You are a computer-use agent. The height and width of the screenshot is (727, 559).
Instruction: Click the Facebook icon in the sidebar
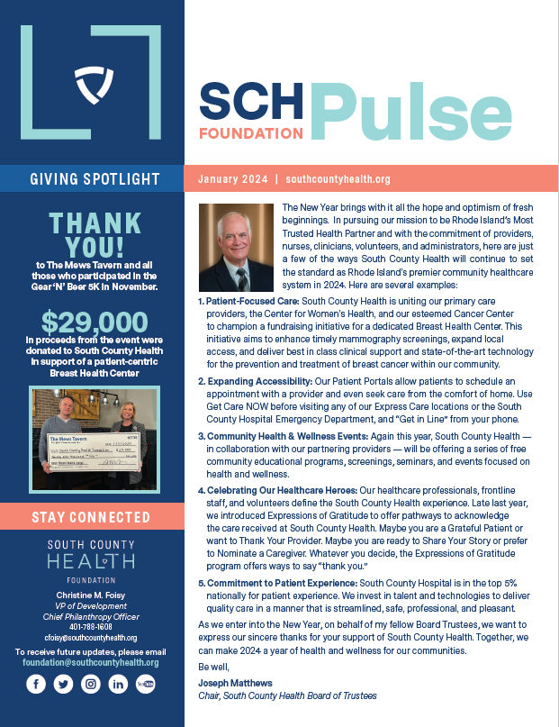click(x=36, y=685)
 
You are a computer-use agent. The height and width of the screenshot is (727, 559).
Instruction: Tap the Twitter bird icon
click(x=63, y=685)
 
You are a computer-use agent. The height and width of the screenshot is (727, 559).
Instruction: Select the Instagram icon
click(x=90, y=685)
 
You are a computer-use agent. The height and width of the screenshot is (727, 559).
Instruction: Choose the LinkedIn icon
click(x=117, y=685)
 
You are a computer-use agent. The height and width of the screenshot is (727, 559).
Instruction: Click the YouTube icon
click(x=144, y=685)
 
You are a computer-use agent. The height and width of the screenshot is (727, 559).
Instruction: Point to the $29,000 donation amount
click(x=94, y=323)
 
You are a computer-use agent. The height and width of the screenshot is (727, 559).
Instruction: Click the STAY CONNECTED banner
click(x=91, y=517)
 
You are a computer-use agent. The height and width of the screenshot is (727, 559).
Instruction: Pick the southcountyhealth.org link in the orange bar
click(x=338, y=179)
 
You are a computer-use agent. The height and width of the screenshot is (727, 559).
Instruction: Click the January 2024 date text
click(x=232, y=179)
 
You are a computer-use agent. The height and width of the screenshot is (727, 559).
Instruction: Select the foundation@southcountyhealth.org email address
click(x=91, y=662)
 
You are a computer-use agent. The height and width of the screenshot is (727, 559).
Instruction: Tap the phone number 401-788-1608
click(x=91, y=626)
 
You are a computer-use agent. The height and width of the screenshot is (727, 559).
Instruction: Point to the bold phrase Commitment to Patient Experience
click(x=282, y=584)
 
